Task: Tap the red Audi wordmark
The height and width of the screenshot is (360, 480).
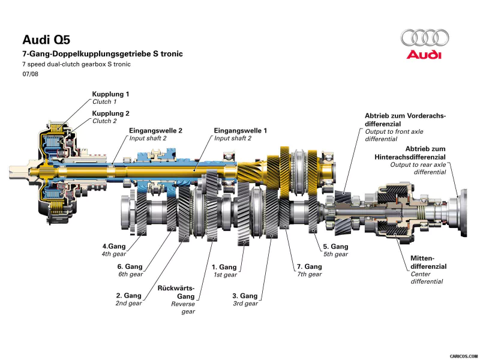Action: (x=424, y=55)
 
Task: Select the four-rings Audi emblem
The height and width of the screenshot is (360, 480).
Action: (x=424, y=38)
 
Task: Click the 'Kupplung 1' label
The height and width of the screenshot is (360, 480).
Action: (x=110, y=94)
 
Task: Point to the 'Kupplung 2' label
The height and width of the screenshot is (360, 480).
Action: (x=110, y=113)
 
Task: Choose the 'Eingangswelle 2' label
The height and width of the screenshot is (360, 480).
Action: (x=156, y=130)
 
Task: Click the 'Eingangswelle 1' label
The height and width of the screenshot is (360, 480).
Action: (x=241, y=130)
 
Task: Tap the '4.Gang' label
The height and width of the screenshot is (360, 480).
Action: (x=113, y=246)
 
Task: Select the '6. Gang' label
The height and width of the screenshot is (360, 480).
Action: (x=130, y=266)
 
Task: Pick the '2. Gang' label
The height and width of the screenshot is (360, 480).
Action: (x=128, y=295)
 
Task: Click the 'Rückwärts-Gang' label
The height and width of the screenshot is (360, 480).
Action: (x=176, y=292)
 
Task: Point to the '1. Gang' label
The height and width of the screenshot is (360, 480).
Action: (x=224, y=267)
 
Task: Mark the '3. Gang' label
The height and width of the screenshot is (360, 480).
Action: (x=245, y=296)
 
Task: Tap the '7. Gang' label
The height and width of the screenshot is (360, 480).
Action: (x=310, y=266)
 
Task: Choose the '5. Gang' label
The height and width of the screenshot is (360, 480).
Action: (x=335, y=246)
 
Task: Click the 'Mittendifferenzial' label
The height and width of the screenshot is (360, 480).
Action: (x=428, y=262)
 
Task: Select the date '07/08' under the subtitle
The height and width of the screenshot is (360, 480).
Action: (x=30, y=74)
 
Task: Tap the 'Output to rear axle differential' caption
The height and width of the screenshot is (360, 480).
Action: (x=418, y=168)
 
